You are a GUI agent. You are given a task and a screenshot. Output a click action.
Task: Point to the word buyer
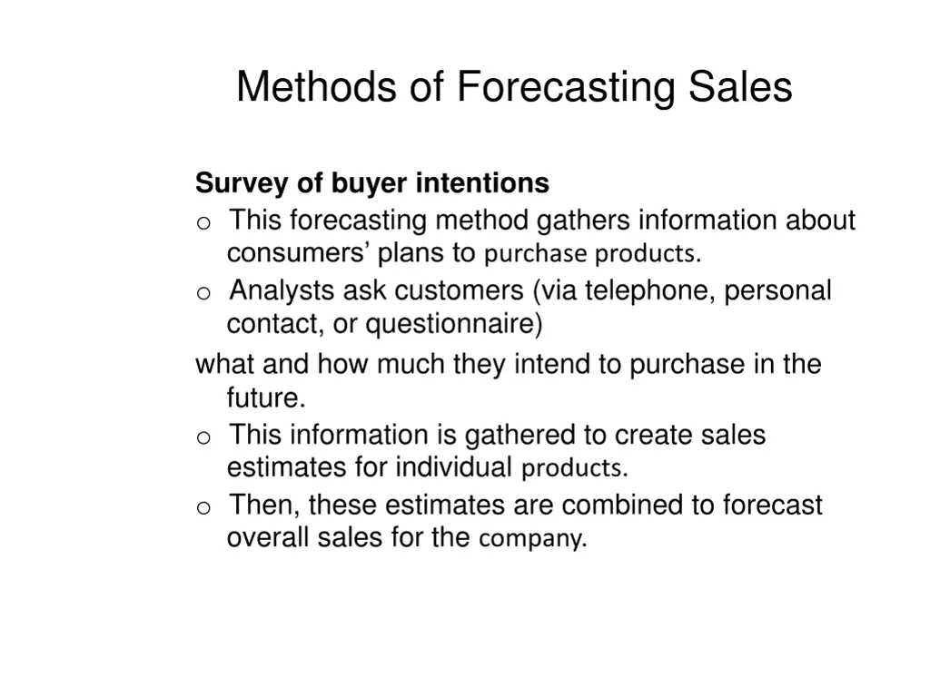tap(370, 184)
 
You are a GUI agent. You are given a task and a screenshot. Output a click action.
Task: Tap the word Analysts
tap(282, 291)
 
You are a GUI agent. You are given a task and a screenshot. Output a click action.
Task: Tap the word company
tap(529, 539)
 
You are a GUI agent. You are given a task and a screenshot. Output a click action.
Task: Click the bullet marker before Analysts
tap(203, 293)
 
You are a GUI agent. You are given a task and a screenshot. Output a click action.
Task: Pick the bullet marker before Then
tap(203, 506)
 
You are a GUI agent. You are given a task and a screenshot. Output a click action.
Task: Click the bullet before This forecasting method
tap(203, 222)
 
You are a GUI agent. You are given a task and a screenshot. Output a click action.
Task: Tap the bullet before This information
tap(203, 437)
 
